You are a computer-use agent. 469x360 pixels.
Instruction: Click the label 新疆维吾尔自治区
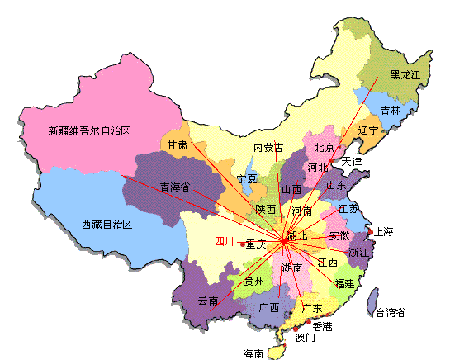click(91, 131)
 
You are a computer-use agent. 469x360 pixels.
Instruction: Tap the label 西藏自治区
click(107, 224)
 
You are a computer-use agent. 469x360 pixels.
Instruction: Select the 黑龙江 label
click(405, 74)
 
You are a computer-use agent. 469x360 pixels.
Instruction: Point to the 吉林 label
click(391, 110)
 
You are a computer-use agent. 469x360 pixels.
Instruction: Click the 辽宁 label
click(368, 130)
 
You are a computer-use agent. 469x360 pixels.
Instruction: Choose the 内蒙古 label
click(268, 148)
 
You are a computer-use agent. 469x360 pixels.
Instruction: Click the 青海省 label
click(174, 187)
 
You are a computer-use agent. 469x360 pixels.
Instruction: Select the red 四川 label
click(224, 242)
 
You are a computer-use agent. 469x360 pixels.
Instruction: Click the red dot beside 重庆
click(242, 244)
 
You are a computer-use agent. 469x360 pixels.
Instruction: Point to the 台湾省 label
click(391, 312)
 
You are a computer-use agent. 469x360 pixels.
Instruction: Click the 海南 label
click(253, 353)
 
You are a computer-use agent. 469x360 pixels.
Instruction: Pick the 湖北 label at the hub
click(296, 236)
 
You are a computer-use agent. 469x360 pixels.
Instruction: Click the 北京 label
click(324, 148)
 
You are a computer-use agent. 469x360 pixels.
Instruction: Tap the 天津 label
click(352, 161)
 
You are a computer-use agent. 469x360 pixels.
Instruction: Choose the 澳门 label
click(305, 338)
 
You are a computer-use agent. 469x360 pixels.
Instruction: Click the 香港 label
click(323, 327)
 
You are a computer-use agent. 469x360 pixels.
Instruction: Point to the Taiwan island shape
click(372, 302)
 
